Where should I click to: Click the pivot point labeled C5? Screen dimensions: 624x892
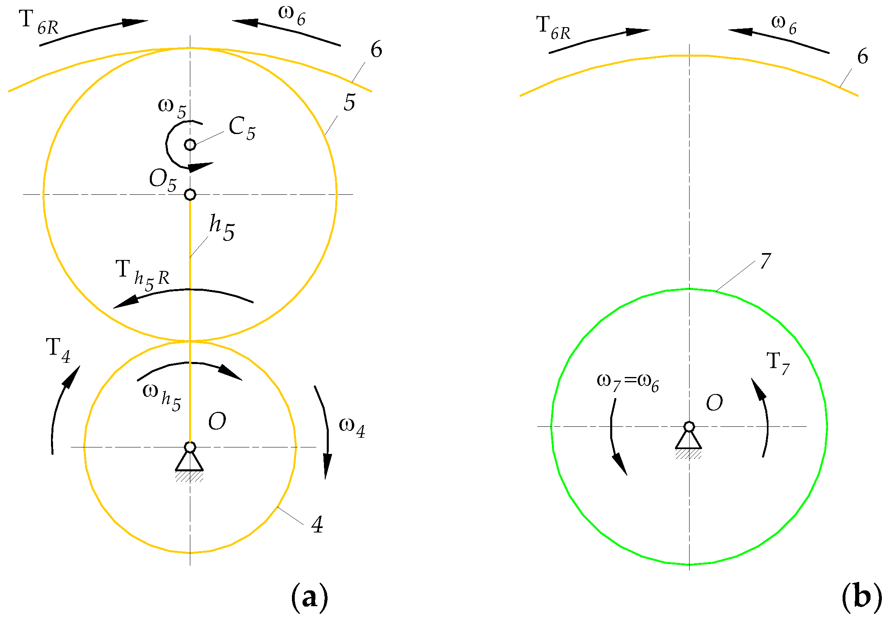tap(190, 145)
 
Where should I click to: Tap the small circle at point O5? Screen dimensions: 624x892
tap(190, 195)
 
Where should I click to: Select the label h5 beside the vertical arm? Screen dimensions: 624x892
tap(221, 228)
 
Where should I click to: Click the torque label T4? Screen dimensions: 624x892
tap(58, 350)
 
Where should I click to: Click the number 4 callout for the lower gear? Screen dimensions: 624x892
tap(317, 525)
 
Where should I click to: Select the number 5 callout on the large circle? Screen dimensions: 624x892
tap(349, 102)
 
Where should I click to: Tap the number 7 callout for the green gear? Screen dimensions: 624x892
tap(765, 262)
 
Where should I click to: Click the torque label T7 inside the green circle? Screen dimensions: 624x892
tap(778, 363)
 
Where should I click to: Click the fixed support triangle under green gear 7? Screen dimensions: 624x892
tap(688, 441)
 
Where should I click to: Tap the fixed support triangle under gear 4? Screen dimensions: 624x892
tap(189, 462)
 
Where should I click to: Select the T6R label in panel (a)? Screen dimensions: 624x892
tap(39, 23)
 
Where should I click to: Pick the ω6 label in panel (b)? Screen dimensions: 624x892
tap(783, 24)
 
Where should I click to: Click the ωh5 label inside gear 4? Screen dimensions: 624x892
tap(162, 396)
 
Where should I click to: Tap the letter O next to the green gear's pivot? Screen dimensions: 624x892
tap(714, 403)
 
